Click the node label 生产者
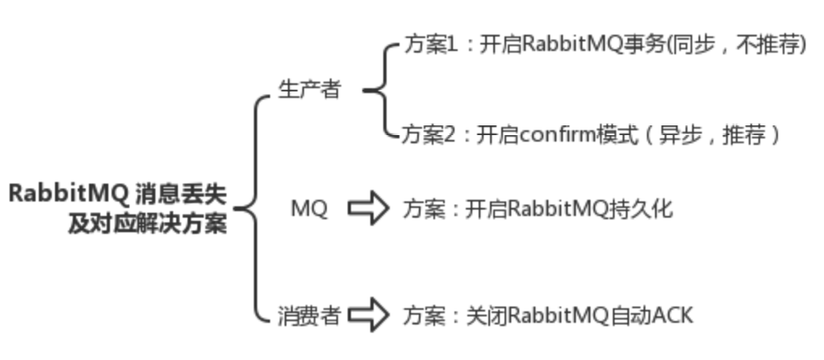(x=309, y=90)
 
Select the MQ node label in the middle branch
(x=309, y=209)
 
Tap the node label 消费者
(x=308, y=315)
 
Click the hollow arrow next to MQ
(x=368, y=209)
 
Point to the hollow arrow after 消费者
(x=368, y=315)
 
